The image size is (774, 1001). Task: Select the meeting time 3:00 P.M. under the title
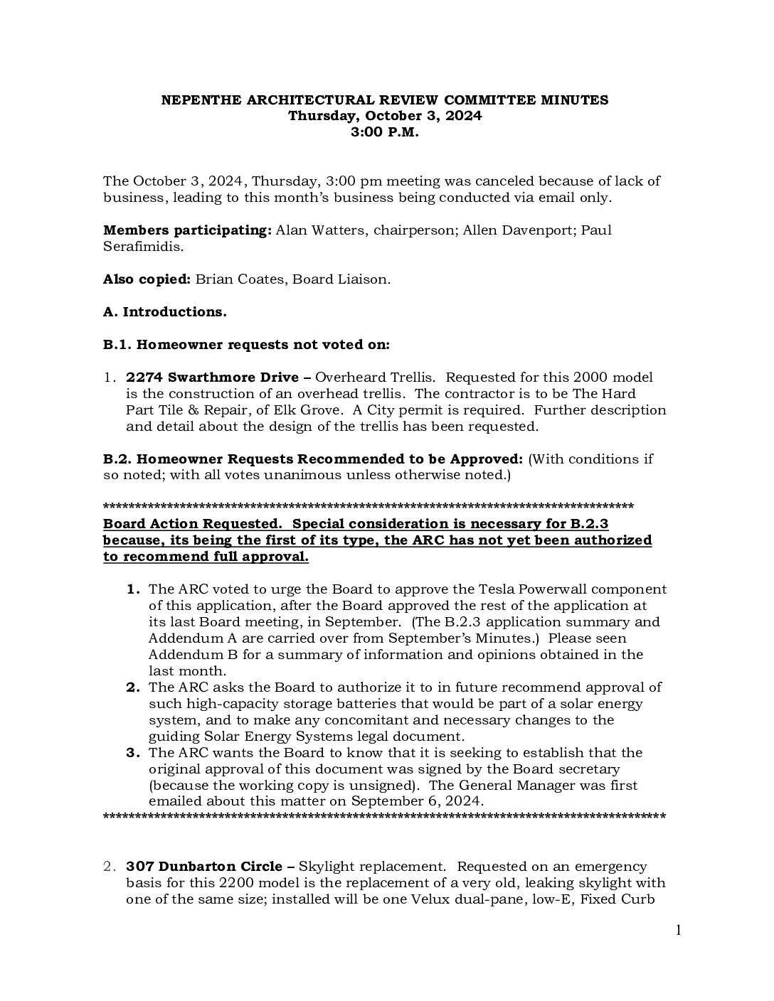(384, 132)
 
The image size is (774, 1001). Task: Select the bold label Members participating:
(187, 230)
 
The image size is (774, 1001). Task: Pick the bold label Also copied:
(147, 279)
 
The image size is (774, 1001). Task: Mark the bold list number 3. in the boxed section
(134, 753)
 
